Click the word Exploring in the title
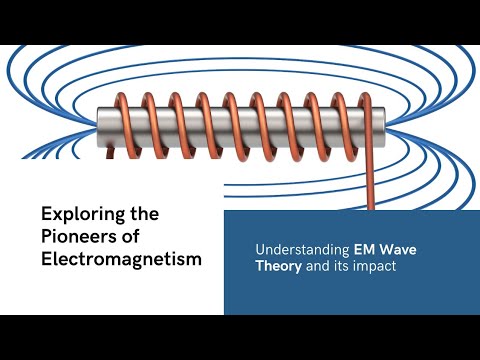83,215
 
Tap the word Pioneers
74,236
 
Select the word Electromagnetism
121,259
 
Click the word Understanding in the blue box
302,250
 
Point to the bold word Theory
279,267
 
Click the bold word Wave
398,249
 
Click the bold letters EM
365,249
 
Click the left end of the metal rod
98,127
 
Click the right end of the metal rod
384,127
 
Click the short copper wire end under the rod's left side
110,152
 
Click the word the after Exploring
145,214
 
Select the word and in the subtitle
317,266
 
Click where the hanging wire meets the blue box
371,210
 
